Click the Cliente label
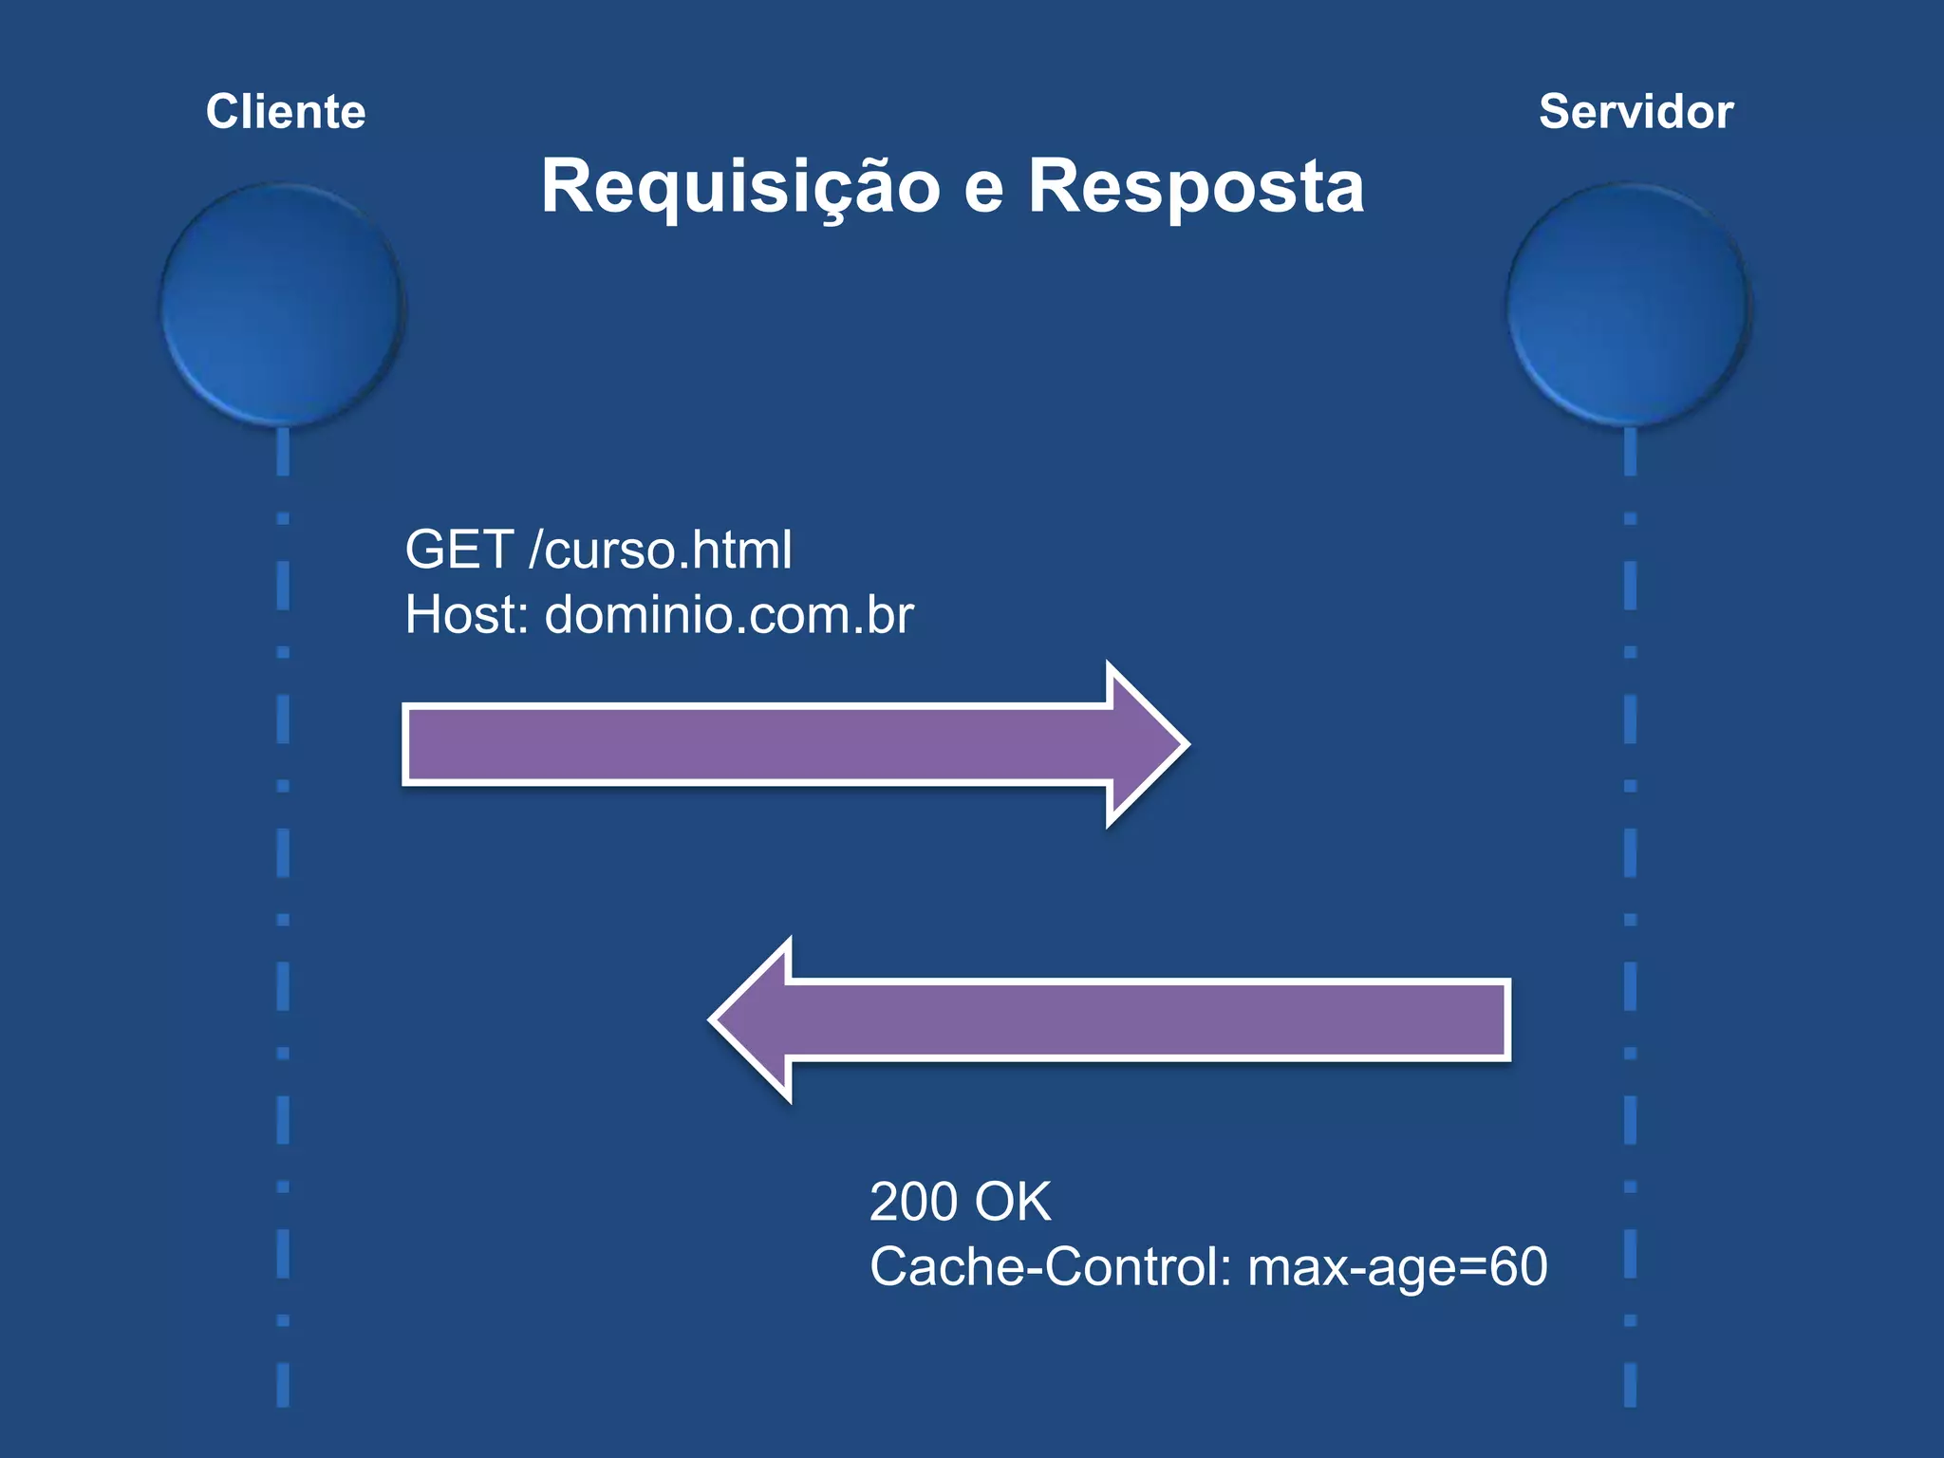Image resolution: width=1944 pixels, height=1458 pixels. [286, 112]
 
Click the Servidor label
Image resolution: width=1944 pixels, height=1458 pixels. [1636, 112]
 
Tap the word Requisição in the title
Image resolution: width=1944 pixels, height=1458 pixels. [739, 187]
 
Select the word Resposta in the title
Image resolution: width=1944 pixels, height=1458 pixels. [1196, 187]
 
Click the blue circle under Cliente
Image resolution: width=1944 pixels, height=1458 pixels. [282, 304]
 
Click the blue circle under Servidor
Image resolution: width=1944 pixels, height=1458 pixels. [1629, 304]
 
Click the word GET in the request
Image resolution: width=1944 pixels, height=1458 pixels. [459, 550]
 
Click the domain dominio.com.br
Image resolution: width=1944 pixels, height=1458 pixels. [729, 615]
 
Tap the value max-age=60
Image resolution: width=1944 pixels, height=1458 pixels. [1397, 1267]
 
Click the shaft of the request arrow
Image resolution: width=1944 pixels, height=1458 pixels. [759, 745]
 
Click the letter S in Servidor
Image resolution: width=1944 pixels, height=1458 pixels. [1555, 112]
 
